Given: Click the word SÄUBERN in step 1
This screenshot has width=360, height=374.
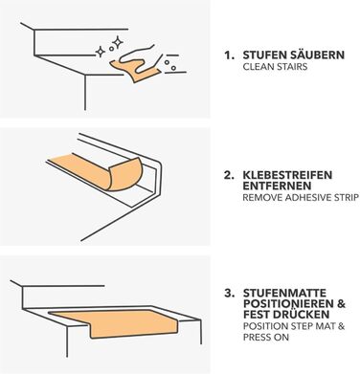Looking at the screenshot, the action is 317,55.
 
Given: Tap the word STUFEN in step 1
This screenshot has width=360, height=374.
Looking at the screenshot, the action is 264,55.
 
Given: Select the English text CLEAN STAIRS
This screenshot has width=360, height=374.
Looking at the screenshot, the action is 275,67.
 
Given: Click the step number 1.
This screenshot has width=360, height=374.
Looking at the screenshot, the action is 229,55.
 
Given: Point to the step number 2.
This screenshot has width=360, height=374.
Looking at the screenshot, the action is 229,175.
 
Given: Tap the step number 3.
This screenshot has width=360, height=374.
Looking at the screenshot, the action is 229,294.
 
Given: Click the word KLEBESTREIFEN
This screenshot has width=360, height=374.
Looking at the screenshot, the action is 287,175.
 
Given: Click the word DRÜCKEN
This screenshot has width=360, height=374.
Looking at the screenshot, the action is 303,315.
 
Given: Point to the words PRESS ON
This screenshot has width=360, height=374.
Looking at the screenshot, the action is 266,337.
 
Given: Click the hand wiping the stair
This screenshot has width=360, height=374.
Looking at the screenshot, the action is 138,58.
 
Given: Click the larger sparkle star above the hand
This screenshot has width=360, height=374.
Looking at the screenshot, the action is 118,42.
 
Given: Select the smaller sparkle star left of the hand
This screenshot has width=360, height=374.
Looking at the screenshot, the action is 101,52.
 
